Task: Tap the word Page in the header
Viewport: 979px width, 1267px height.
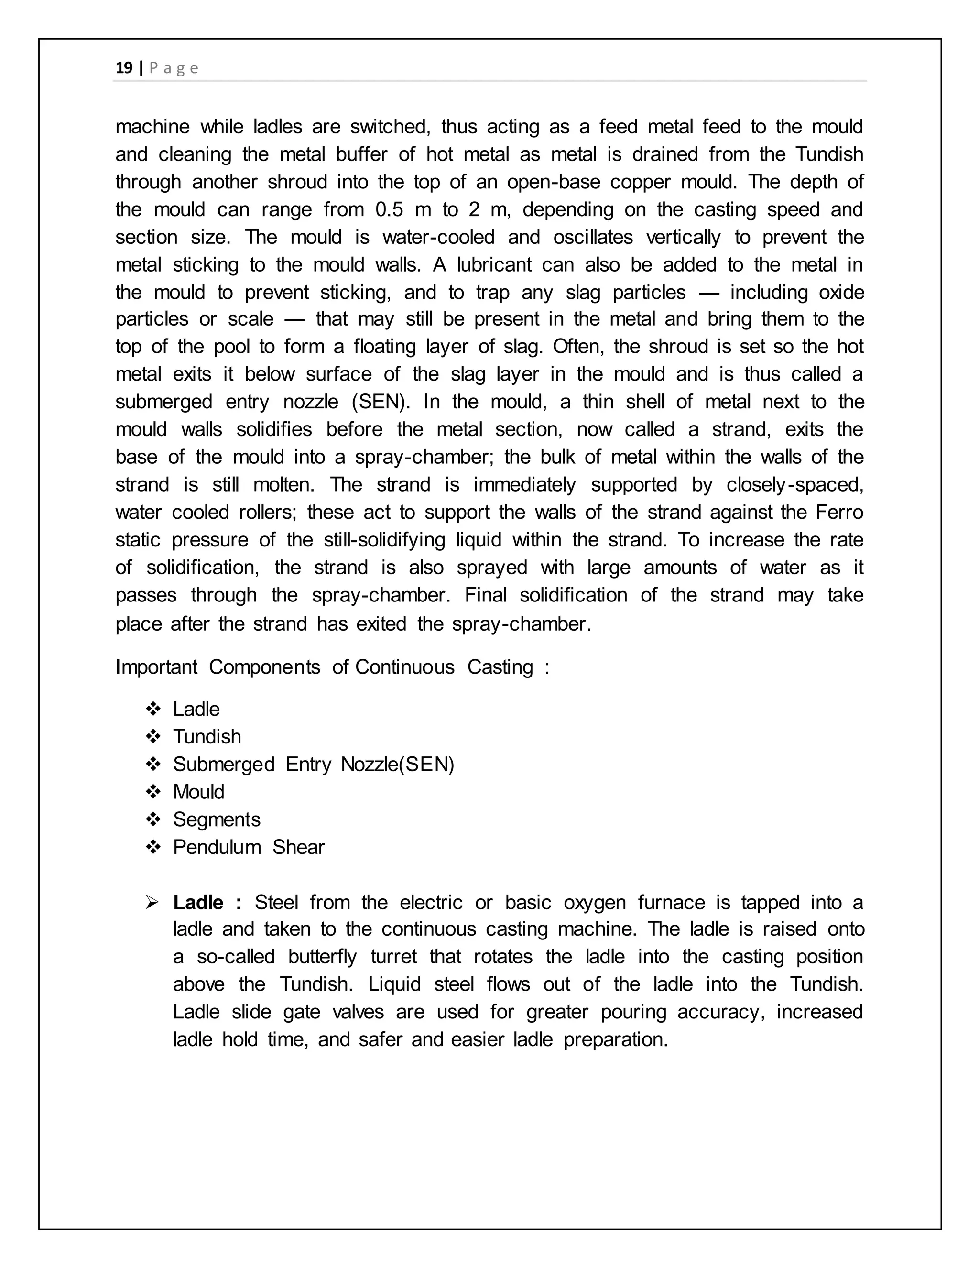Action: [x=174, y=68]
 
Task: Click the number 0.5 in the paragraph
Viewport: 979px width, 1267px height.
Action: [x=389, y=209]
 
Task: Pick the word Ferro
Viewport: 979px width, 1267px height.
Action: [x=839, y=512]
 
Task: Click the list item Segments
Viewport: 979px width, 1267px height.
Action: [x=217, y=819]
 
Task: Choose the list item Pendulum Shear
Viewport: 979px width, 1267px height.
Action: [x=249, y=848]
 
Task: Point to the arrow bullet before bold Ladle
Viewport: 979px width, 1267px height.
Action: [x=152, y=903]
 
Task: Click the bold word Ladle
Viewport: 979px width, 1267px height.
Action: [x=198, y=903]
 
